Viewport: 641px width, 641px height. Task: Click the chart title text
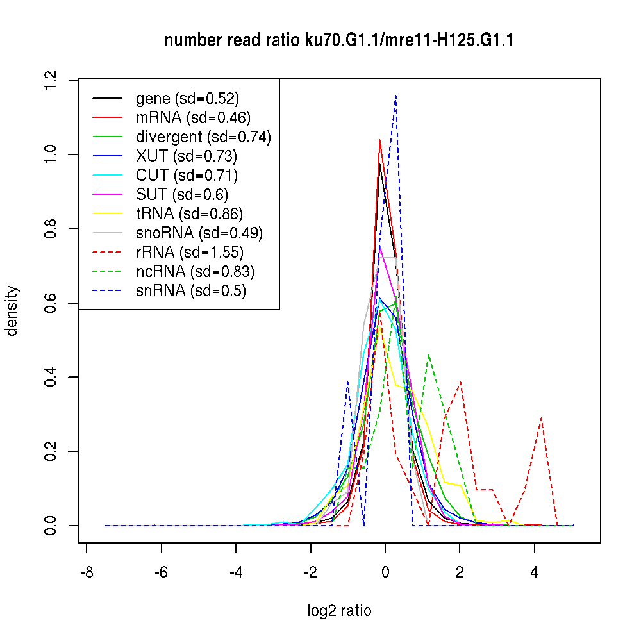coord(338,41)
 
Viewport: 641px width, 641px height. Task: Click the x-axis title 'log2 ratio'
coord(339,611)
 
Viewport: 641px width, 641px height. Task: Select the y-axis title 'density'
coord(12,311)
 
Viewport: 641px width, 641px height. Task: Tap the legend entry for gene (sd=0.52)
coord(187,99)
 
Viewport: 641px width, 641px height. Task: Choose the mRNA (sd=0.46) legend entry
coord(193,118)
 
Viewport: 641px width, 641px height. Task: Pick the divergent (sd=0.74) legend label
coord(203,137)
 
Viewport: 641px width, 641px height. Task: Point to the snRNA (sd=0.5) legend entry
coord(191,291)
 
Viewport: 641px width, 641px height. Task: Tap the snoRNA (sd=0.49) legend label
coord(199,233)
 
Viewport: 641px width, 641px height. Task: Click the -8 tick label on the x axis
coord(87,572)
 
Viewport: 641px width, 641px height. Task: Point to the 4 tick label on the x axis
coord(535,572)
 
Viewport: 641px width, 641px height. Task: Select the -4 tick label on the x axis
coord(236,572)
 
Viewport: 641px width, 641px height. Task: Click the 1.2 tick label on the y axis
coord(51,80)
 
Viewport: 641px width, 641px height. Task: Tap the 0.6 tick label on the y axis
coord(51,303)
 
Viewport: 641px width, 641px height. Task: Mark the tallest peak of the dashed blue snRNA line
coord(396,96)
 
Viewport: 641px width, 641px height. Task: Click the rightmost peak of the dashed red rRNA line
coord(542,418)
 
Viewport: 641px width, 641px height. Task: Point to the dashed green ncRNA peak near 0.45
coord(428,354)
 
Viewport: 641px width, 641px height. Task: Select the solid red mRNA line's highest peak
coord(380,140)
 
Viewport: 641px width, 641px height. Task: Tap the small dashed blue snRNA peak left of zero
coord(347,382)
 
